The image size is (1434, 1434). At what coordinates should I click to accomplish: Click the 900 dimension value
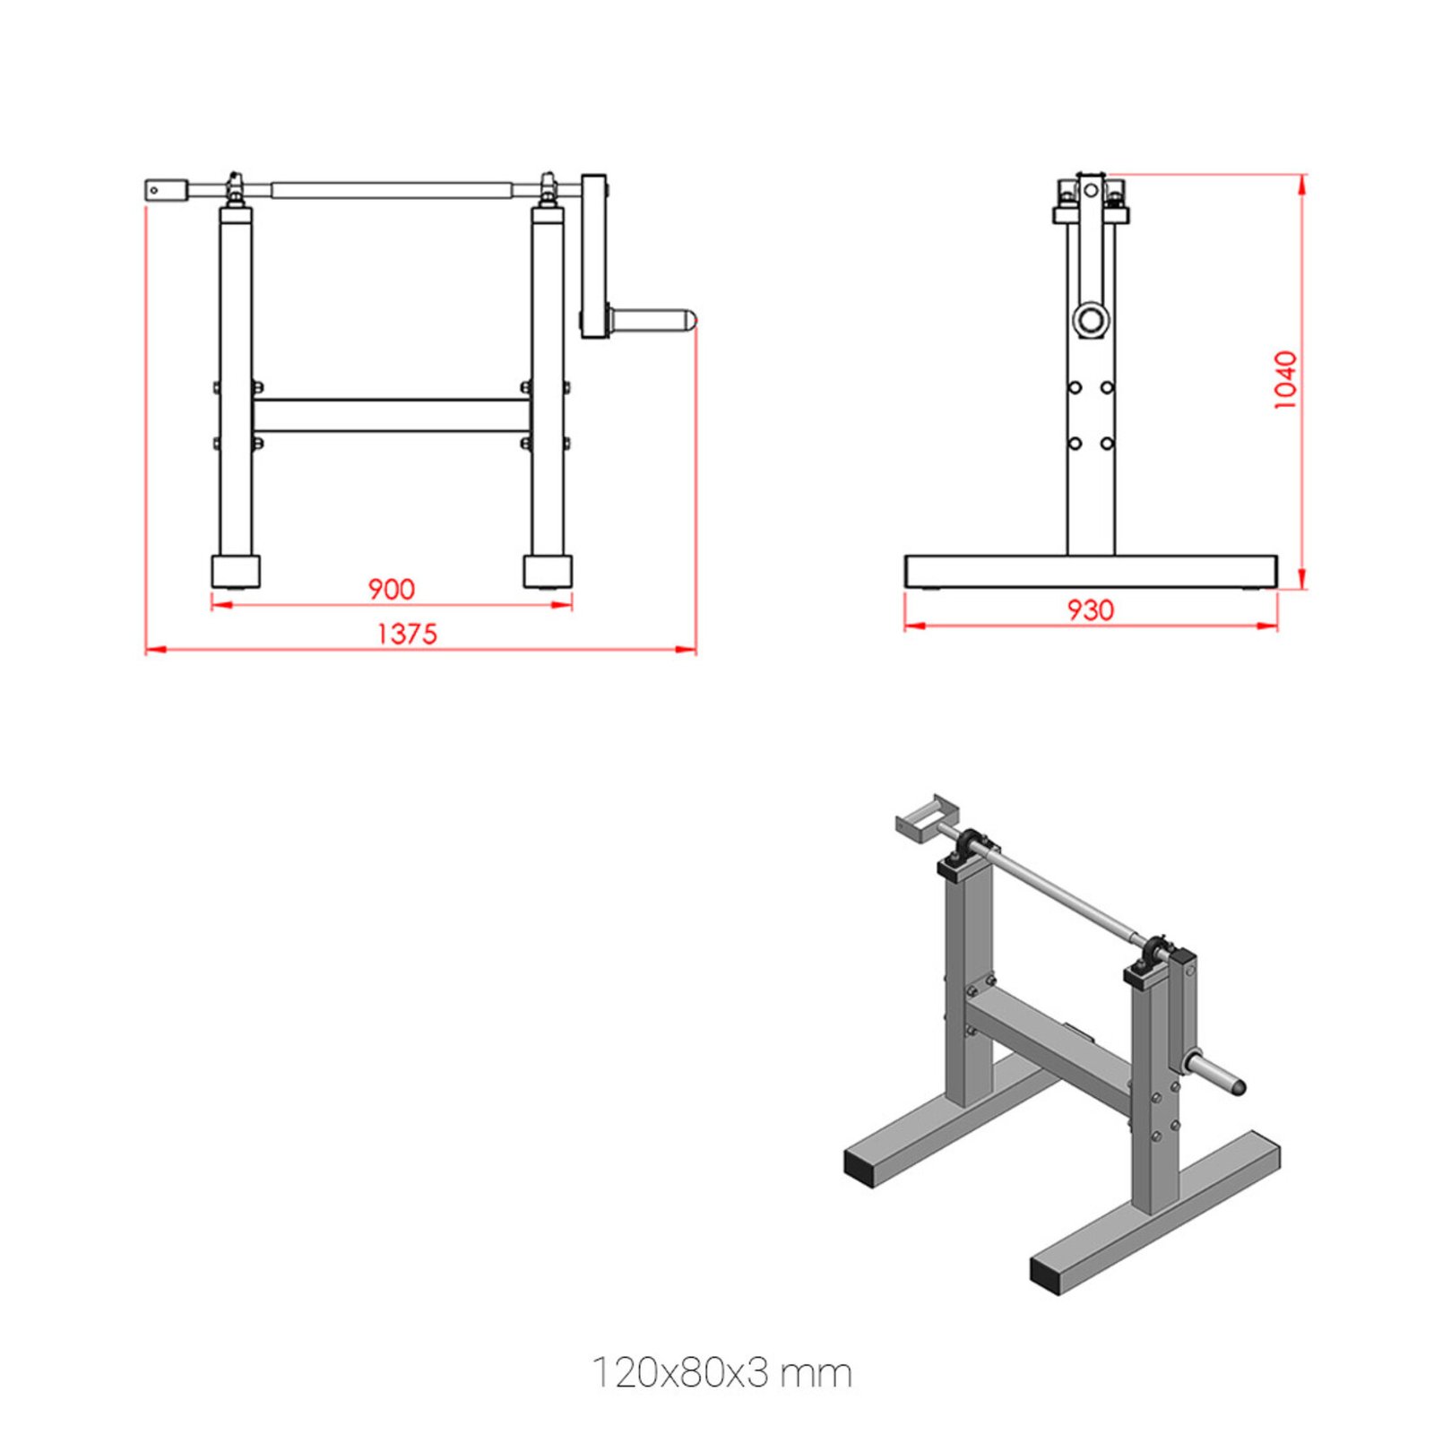392,589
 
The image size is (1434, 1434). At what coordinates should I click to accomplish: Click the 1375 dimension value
407,634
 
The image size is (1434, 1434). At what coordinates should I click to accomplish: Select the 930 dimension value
1091,610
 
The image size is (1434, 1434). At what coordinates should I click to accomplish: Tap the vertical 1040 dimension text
1285,380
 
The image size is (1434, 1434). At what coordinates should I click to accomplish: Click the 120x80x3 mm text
721,1372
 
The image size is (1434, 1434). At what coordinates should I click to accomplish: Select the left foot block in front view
236,571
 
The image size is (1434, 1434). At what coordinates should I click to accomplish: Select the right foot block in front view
548,571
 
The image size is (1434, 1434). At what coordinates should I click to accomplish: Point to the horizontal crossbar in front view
392,416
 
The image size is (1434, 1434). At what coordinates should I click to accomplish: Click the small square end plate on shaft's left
167,190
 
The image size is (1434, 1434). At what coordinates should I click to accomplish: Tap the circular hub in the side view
1091,319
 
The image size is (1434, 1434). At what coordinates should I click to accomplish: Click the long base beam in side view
1091,571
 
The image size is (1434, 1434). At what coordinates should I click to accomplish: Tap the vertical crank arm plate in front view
592,255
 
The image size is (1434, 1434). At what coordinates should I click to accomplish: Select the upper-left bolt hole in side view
1075,387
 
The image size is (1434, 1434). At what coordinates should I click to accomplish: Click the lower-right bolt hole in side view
1107,444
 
